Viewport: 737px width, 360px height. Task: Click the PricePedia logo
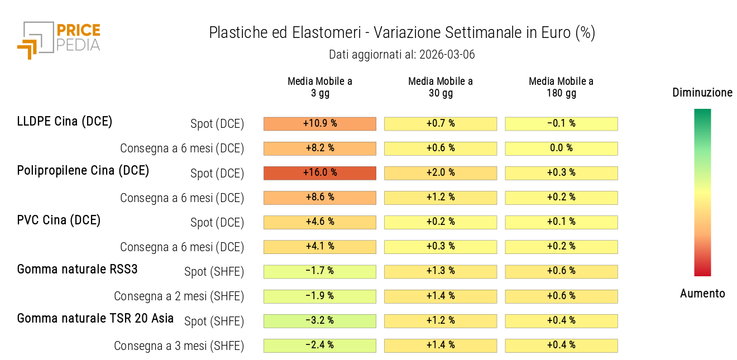coord(59,40)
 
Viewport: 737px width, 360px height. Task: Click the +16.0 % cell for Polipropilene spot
coord(320,173)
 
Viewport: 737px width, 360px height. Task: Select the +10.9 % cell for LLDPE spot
coord(320,123)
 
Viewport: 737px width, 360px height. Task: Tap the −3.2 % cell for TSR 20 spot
coord(320,321)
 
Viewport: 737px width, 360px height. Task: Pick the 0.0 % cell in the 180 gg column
coord(561,148)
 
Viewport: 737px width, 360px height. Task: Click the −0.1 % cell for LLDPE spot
coord(561,123)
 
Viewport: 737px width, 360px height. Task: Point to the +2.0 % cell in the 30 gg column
coord(441,173)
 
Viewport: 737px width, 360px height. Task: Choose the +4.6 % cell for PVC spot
coord(320,222)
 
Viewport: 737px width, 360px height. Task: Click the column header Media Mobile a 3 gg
coord(320,87)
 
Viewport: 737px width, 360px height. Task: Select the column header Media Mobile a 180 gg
coord(561,87)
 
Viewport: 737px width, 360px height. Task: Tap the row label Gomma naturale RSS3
coord(77,270)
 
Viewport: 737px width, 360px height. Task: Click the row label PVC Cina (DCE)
coord(59,220)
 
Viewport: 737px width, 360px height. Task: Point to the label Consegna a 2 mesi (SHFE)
coord(179,296)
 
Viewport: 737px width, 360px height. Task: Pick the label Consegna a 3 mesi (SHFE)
coord(179,346)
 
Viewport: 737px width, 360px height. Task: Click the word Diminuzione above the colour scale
coord(702,93)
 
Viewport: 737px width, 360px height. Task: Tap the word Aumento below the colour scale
coord(702,294)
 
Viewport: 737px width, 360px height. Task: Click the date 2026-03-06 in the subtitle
coord(447,55)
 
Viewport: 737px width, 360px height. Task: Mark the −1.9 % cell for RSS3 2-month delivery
coord(320,296)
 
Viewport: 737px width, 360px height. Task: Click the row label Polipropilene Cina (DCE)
coord(83,171)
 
